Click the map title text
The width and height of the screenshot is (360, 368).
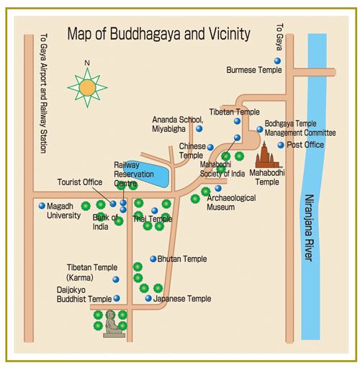pos(158,34)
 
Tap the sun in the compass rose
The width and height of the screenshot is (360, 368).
pos(87,88)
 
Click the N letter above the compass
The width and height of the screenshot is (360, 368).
pos(86,63)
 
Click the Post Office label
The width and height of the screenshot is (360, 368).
pos(305,145)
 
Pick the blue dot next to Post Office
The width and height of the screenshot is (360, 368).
pos(282,145)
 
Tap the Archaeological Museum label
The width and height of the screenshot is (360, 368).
pos(230,202)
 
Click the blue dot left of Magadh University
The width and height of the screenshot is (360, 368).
pos(42,205)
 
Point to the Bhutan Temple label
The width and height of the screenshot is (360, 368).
pos(182,259)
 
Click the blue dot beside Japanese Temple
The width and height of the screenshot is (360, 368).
pos(148,298)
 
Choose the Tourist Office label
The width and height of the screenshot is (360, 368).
pos(80,182)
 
